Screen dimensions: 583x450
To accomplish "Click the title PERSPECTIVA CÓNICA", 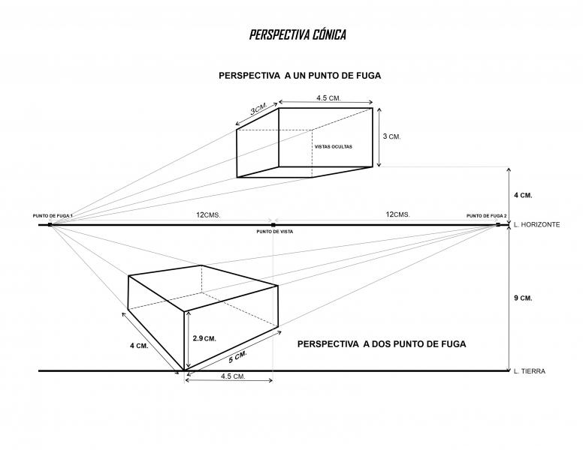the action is point(298,34).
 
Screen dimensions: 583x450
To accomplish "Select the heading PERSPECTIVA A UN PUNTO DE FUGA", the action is point(300,76).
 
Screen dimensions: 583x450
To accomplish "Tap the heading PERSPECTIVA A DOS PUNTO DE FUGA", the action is point(382,344).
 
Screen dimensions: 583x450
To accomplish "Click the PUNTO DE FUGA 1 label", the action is point(53,216).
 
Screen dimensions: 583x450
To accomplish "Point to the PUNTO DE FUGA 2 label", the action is point(486,216).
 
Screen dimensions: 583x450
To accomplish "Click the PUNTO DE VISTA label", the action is point(275,232).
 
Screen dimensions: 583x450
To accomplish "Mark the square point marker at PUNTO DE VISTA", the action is point(273,225).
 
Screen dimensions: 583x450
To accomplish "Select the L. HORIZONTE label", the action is point(536,225).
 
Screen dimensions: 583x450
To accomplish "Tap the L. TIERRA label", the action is point(530,371).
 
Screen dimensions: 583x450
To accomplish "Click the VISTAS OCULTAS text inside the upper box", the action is point(333,147).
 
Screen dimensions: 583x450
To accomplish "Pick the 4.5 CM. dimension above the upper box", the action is point(328,98).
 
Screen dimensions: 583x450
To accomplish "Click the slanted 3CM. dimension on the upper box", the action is point(258,109).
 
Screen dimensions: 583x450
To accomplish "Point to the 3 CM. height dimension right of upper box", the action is point(392,136).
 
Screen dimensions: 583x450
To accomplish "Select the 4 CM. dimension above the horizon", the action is point(523,195).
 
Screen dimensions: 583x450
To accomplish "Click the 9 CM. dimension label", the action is point(523,298).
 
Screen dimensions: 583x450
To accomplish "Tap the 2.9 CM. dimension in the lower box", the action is point(204,338).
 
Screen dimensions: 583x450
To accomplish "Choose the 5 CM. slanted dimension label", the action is point(238,357).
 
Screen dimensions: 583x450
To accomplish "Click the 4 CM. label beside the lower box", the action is point(139,346).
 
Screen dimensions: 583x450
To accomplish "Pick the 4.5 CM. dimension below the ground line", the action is point(233,376).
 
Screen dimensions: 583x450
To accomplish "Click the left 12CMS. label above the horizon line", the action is point(208,214).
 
